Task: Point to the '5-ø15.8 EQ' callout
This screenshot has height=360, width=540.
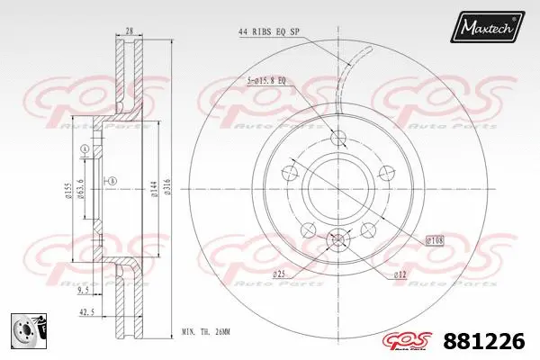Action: coord(265,81)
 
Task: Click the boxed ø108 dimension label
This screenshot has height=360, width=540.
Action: coord(434,241)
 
